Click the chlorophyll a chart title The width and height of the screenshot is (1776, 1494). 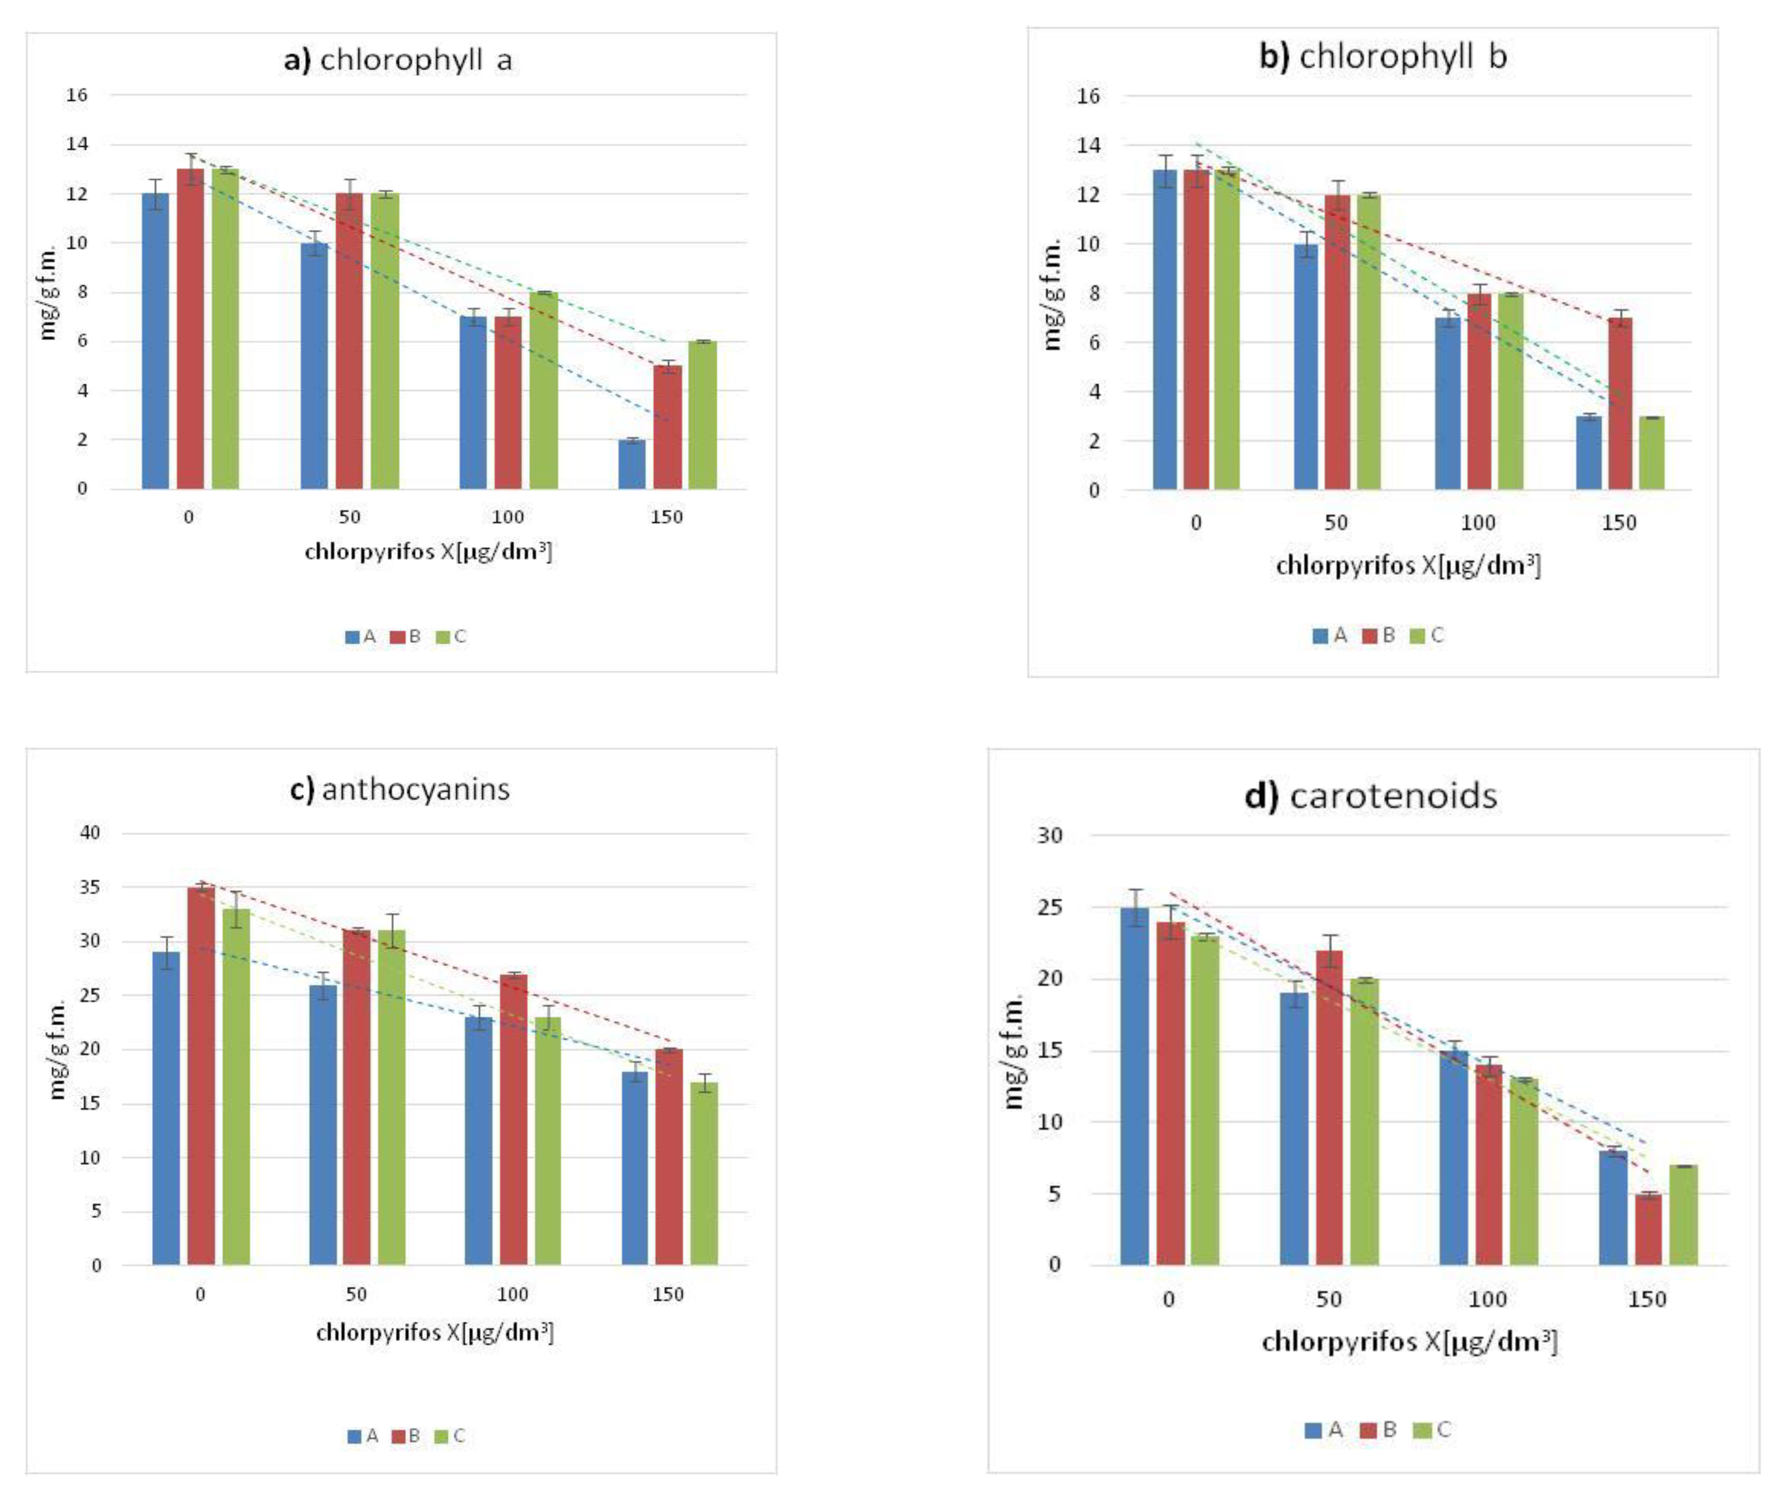pos(398,60)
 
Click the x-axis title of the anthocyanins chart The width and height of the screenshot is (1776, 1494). pos(434,1332)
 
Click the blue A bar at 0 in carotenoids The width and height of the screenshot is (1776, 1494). pos(1135,1086)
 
